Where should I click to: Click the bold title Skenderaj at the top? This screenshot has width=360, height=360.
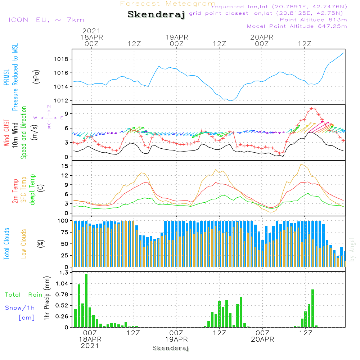coord(156,14)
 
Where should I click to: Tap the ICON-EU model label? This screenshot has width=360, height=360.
coord(46,20)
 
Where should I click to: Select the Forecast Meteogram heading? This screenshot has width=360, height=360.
coord(168,4)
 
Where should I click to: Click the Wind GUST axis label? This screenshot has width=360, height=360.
coord(6,128)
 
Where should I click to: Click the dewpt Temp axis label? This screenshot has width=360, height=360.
coord(32,189)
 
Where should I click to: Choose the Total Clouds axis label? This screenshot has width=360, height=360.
coord(6,244)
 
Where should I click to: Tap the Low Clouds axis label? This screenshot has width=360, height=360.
coord(24,244)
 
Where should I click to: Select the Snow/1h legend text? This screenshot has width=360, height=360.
coord(20,308)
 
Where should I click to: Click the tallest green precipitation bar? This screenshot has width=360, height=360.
coord(86,301)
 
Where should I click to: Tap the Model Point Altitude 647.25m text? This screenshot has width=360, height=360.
coord(297,26)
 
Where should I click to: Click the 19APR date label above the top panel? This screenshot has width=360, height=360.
coord(177,37)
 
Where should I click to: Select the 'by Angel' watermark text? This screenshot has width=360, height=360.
coord(352,249)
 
